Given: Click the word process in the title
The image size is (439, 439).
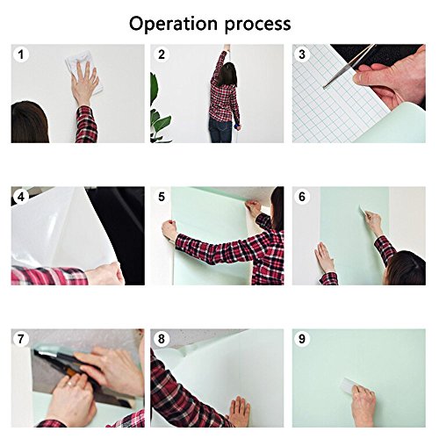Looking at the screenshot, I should (x=256, y=24).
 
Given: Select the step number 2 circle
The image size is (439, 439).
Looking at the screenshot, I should (x=162, y=55).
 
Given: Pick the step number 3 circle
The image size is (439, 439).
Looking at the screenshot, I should (x=303, y=55).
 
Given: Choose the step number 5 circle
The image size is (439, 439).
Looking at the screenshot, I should (x=162, y=198).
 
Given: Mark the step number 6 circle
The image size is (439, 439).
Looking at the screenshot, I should (x=303, y=198).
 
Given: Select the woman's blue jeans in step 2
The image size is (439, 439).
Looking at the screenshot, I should (x=220, y=132).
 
